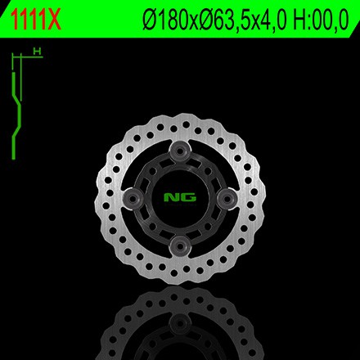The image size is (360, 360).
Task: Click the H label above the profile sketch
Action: pyautogui.click(x=36, y=52)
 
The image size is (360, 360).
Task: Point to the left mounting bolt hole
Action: pyautogui.click(x=132, y=196)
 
